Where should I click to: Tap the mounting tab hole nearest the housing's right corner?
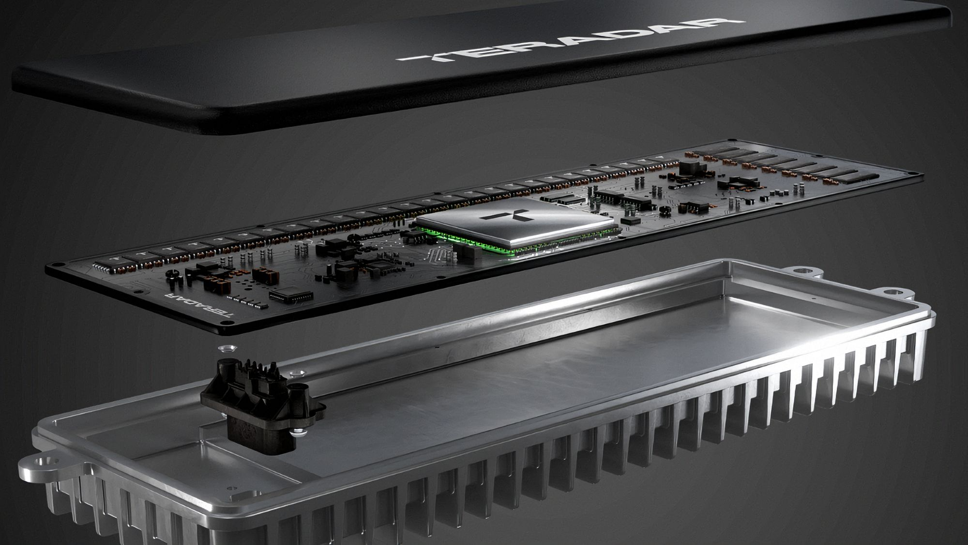pyautogui.click(x=893, y=292)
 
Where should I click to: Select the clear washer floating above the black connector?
pyautogui.click(x=226, y=348)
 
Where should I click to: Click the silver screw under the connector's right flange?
pyautogui.click(x=296, y=435)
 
